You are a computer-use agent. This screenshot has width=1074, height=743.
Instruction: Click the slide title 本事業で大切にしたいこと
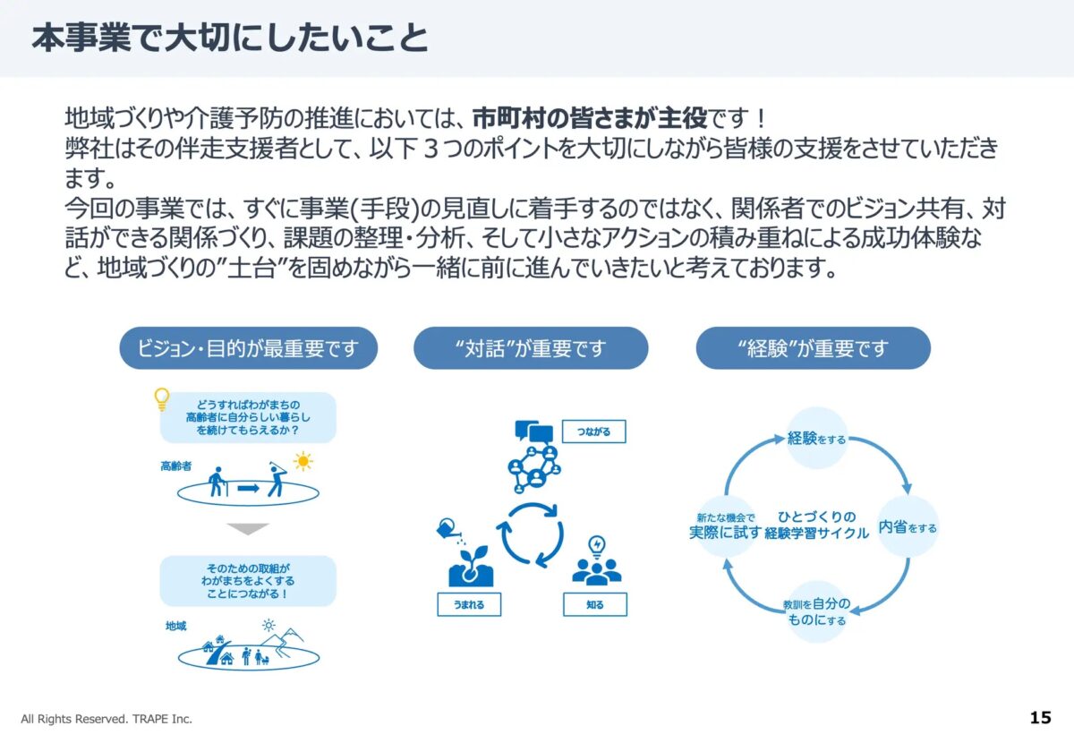click(230, 38)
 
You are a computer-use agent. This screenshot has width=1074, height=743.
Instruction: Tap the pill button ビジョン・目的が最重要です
click(249, 347)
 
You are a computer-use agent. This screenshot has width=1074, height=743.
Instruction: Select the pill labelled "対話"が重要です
click(531, 347)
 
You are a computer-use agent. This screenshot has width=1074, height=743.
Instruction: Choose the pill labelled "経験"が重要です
click(814, 347)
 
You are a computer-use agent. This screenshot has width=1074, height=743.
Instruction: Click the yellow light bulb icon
click(162, 399)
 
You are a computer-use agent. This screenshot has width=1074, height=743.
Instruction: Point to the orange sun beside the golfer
click(303, 461)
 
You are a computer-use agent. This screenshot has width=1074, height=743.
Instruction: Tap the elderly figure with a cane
click(217, 482)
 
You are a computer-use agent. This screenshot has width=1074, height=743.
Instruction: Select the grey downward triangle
click(248, 528)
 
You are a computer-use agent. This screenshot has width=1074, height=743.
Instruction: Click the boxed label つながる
click(593, 431)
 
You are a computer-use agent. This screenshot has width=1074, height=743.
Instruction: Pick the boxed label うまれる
click(469, 604)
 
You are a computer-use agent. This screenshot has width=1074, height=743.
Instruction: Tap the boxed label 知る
click(595, 604)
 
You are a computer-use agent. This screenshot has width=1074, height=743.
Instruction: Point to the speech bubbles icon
click(533, 431)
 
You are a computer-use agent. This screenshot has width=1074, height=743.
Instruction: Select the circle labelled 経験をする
click(816, 438)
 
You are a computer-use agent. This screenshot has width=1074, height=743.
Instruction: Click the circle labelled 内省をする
click(908, 526)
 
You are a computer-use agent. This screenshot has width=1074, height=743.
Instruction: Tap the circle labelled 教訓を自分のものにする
click(816, 611)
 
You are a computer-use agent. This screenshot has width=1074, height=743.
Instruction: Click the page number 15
click(1040, 718)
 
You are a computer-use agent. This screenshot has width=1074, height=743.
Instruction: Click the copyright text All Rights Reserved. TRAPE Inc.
click(107, 719)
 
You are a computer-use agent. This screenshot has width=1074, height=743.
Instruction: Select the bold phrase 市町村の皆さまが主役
click(589, 118)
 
